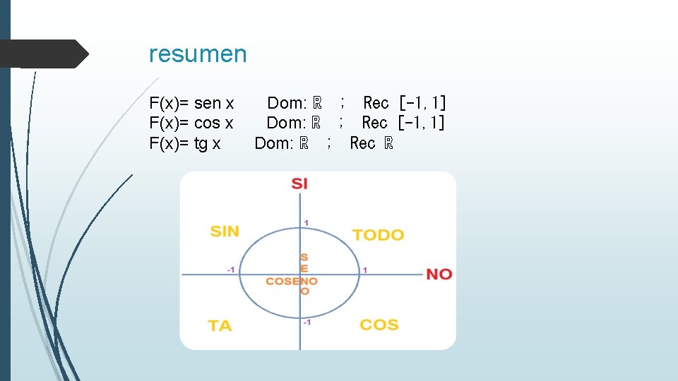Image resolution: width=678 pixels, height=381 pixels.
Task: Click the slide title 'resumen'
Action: pyautogui.click(x=198, y=54)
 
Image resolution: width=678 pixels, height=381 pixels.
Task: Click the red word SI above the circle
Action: pyautogui.click(x=299, y=184)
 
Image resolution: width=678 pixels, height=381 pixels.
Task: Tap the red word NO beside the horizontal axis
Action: pyautogui.click(x=439, y=274)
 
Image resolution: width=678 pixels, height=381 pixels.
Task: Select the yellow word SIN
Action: pyautogui.click(x=225, y=231)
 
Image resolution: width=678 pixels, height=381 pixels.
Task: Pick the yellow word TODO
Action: pyautogui.click(x=378, y=235)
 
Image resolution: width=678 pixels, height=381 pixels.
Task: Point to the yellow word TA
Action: pyautogui.click(x=220, y=326)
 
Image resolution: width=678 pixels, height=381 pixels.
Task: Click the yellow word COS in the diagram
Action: pyautogui.click(x=379, y=325)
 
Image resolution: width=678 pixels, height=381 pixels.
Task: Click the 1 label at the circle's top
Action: pyautogui.click(x=306, y=223)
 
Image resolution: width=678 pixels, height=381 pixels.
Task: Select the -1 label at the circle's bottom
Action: pyautogui.click(x=307, y=323)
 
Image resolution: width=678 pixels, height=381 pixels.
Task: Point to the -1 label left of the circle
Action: pyautogui.click(x=231, y=270)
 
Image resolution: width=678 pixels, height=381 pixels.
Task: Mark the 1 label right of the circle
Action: pyautogui.click(x=365, y=270)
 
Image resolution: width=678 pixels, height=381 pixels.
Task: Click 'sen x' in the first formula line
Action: pyautogui.click(x=214, y=104)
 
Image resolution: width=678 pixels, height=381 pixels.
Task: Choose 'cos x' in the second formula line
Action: pyautogui.click(x=213, y=123)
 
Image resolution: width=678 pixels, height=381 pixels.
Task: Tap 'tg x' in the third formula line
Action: pyautogui.click(x=207, y=144)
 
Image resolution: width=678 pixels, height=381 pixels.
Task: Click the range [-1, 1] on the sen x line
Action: pyautogui.click(x=422, y=104)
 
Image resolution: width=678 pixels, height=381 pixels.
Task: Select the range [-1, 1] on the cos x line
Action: pyautogui.click(x=422, y=123)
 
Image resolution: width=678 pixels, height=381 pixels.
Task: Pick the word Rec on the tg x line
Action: pyautogui.click(x=362, y=144)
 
